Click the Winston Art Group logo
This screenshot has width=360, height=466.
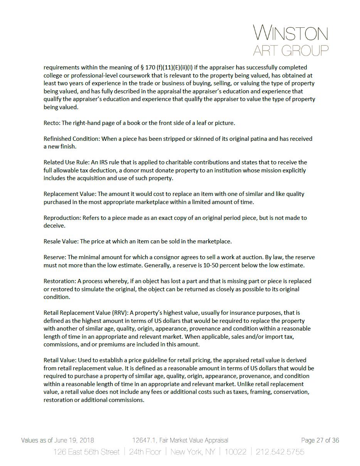click(x=291, y=40)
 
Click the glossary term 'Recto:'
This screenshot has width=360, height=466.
click(x=52, y=123)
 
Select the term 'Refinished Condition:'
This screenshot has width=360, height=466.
click(x=72, y=139)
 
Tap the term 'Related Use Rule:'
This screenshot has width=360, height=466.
click(x=66, y=162)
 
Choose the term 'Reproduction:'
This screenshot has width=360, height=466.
click(x=62, y=218)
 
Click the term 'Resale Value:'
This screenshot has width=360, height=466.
click(x=61, y=241)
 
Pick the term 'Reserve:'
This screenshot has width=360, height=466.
click(x=55, y=257)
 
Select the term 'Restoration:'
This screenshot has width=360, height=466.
click(x=60, y=281)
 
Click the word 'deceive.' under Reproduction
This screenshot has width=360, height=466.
click(x=54, y=226)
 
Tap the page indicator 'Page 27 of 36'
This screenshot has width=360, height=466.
click(x=320, y=440)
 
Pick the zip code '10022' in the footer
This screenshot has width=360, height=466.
click(x=235, y=452)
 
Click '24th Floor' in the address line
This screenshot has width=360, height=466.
click(x=145, y=452)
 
